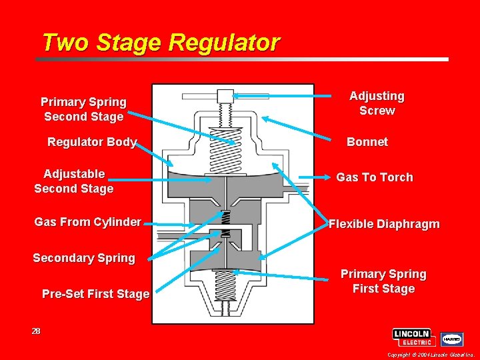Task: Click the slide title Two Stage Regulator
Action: tap(160, 43)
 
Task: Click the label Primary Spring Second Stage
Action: tap(83, 109)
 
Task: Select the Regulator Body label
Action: tap(92, 142)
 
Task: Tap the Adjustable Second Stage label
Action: tap(74, 181)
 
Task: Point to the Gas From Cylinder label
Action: tap(87, 222)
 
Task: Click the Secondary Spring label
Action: tap(84, 258)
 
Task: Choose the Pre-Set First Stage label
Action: tap(95, 294)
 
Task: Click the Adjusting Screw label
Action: tap(377, 103)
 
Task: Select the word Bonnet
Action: tap(367, 142)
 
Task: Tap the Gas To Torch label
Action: tap(374, 177)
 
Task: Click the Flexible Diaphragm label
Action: tap(384, 224)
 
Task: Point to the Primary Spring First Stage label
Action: tap(383, 281)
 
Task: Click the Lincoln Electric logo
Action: tap(413, 337)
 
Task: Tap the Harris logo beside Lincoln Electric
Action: tap(451, 339)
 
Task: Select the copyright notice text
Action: tap(431, 355)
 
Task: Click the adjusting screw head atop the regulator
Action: tap(228, 96)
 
